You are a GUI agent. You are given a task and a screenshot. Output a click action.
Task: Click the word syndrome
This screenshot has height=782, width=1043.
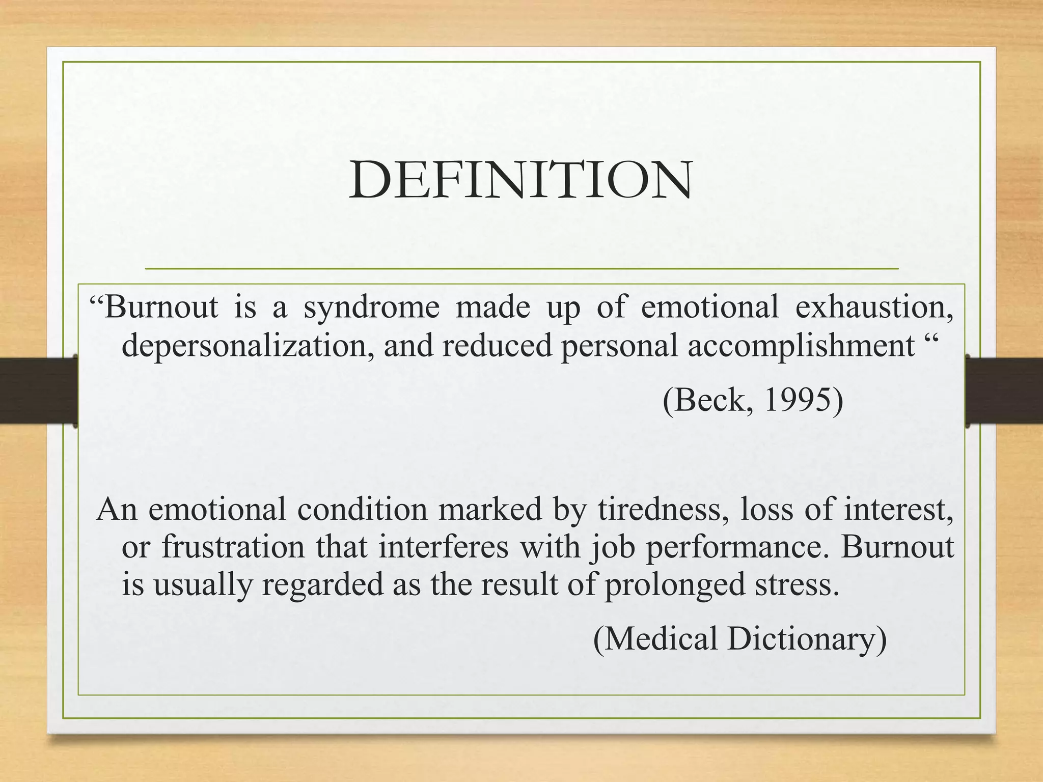(x=371, y=308)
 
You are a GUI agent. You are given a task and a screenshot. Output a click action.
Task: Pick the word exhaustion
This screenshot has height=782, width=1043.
(x=874, y=308)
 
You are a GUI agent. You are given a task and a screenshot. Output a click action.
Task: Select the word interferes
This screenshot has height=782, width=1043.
(x=443, y=547)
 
